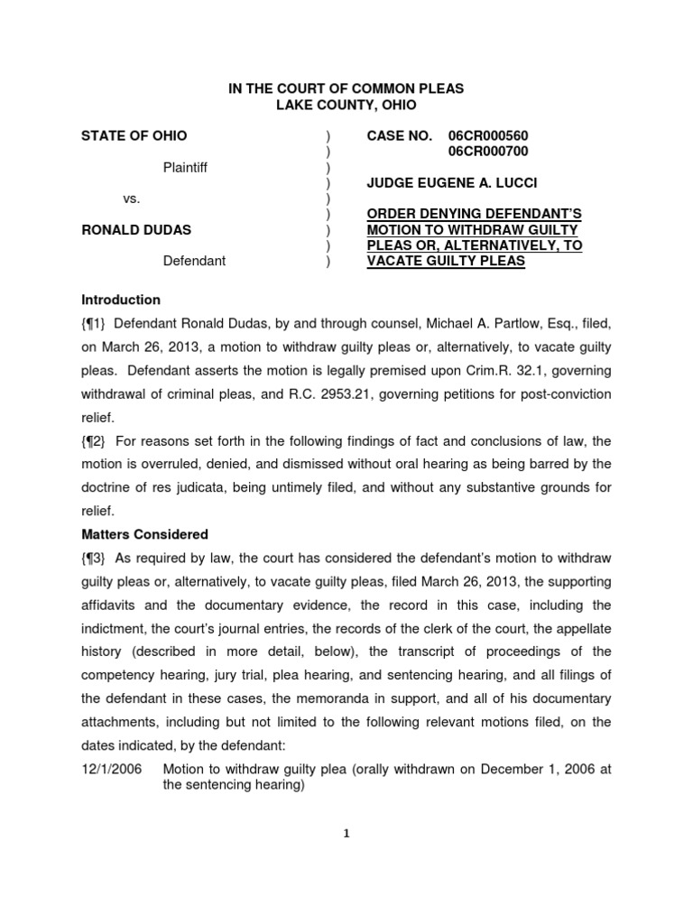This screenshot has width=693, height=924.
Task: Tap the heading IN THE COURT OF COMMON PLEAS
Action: click(345, 88)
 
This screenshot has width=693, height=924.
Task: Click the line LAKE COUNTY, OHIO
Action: click(346, 105)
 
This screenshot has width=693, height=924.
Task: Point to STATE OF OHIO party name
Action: click(134, 135)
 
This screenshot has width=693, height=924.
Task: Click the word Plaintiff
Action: click(185, 167)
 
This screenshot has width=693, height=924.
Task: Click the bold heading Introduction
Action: click(121, 300)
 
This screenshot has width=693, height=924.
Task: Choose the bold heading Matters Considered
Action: click(145, 534)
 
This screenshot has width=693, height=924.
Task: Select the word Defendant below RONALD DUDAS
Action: click(194, 261)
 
